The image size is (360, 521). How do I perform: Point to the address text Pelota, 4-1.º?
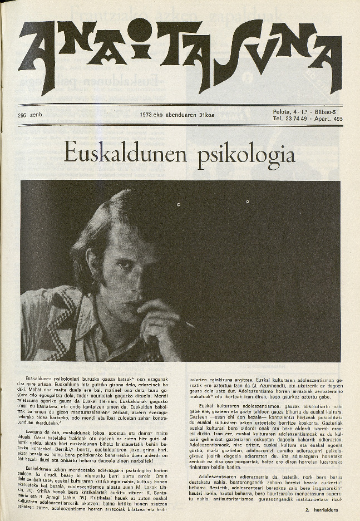[289, 112]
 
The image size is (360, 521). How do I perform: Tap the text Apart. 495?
[329, 119]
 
